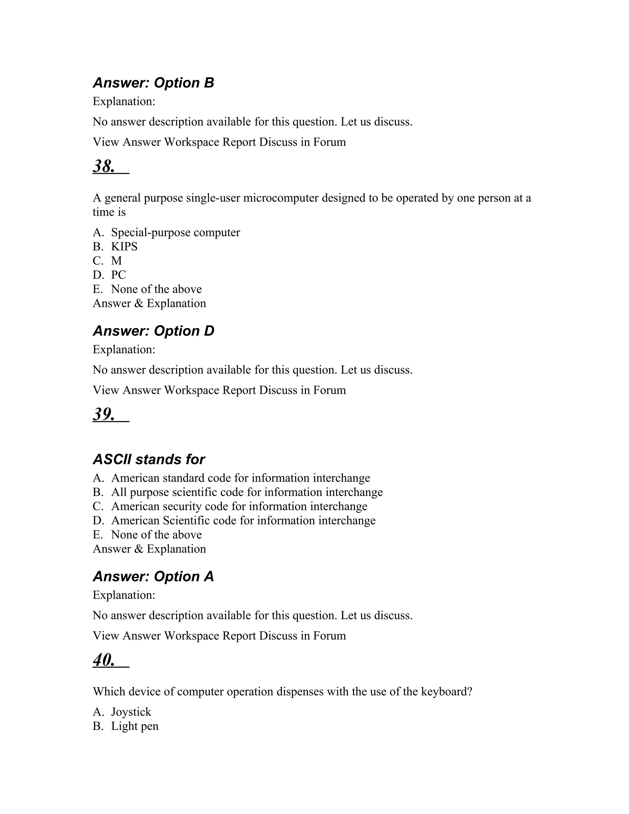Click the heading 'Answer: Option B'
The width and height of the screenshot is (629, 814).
tap(153, 83)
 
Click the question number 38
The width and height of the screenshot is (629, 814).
tap(104, 166)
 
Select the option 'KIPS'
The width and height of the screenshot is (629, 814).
tap(124, 247)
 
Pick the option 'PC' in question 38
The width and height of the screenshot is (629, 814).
tap(119, 275)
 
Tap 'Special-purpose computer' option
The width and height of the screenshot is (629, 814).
tap(175, 233)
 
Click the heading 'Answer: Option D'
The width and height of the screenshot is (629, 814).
tap(153, 331)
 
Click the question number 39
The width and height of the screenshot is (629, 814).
tap(104, 414)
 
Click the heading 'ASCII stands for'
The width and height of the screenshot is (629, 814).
tap(149, 459)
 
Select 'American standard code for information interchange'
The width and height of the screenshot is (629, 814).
tap(240, 478)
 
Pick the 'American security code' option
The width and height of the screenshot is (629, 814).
tap(239, 507)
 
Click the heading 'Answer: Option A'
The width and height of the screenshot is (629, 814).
tap(153, 577)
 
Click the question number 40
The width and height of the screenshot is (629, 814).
tap(104, 660)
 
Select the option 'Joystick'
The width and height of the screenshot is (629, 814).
tap(131, 712)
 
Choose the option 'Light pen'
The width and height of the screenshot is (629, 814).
tap(135, 726)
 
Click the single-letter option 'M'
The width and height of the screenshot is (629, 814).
tap(116, 261)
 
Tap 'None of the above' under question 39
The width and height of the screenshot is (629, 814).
tap(156, 535)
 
